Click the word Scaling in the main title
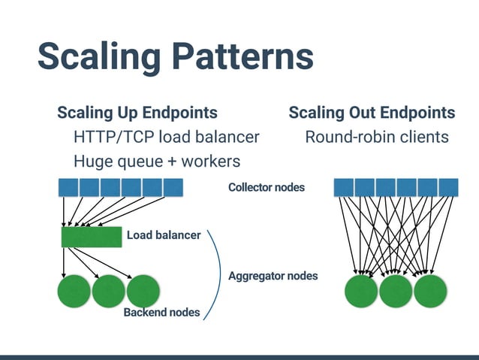(x=98, y=57)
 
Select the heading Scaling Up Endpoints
(x=137, y=113)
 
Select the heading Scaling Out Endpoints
(x=372, y=113)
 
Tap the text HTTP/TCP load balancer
(x=166, y=137)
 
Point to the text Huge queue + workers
(x=156, y=161)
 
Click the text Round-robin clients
(x=376, y=137)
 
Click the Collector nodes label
(x=267, y=187)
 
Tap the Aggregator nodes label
(x=273, y=276)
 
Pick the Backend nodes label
(x=161, y=312)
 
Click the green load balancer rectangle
(x=91, y=237)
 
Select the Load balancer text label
(x=164, y=235)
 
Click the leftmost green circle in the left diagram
(x=74, y=292)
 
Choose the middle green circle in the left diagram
(x=108, y=292)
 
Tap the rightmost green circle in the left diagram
(x=143, y=292)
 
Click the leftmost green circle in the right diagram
(x=361, y=292)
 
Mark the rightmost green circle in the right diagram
(x=430, y=292)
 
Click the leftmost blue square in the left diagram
(x=68, y=187)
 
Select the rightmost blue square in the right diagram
(x=448, y=187)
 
